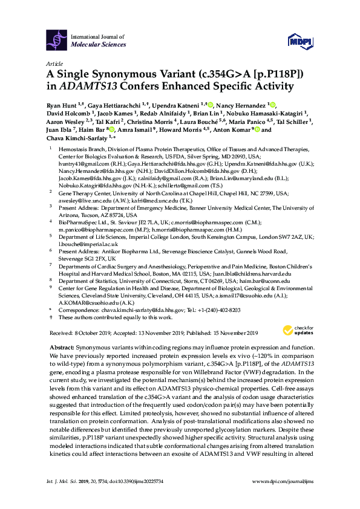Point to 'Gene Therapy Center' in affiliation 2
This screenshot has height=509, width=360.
(x=80, y=191)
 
